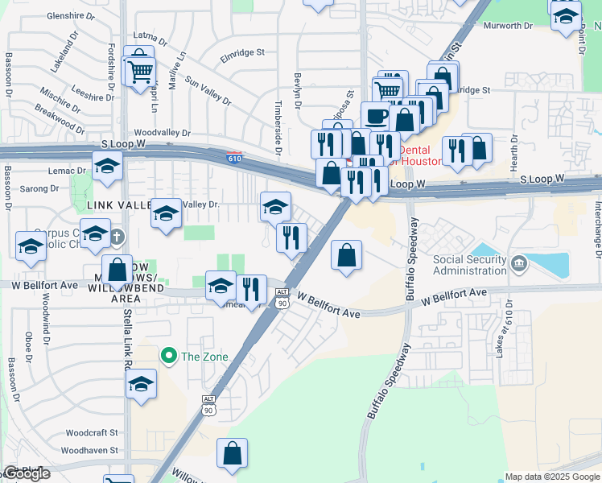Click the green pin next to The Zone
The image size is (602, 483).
[x=168, y=355]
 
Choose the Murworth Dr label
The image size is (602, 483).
[x=508, y=26]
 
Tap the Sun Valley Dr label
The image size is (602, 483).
[x=208, y=90]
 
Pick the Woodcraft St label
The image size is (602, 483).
[x=92, y=432]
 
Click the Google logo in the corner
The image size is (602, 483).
[x=26, y=473]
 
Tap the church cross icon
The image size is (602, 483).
[x=117, y=236]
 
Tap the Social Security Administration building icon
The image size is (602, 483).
[x=518, y=263]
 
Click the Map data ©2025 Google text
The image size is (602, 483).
[x=551, y=477]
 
